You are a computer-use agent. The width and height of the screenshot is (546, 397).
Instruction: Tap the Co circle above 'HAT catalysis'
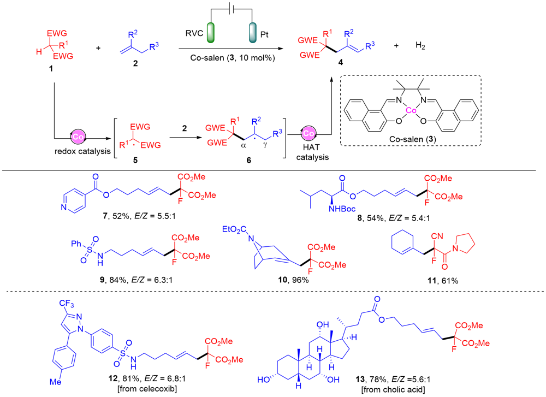pyautogui.click(x=310, y=133)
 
